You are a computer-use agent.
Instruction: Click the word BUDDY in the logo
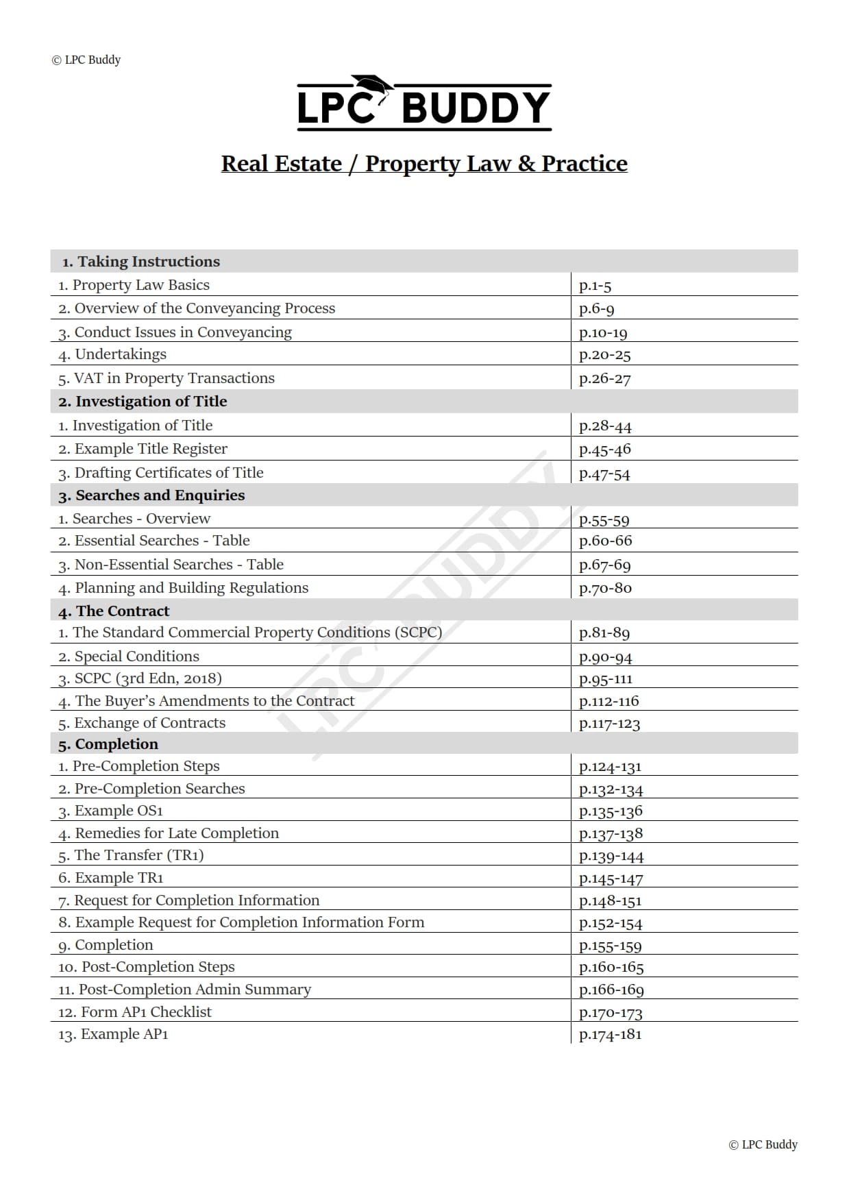point(476,108)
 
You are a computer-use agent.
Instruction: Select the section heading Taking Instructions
point(148,261)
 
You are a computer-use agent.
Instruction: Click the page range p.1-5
point(595,285)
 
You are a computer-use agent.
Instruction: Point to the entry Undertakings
point(120,354)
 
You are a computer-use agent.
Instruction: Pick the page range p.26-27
point(604,378)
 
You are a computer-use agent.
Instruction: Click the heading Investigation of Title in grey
point(151,402)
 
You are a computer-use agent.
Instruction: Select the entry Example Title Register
point(150,449)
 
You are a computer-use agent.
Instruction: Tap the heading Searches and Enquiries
point(160,495)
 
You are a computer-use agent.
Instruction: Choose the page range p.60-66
point(605,541)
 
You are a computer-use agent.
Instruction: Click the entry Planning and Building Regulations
point(191,588)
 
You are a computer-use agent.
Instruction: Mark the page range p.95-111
point(605,678)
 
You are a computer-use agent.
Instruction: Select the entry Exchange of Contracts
point(149,723)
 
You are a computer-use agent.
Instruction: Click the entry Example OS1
point(119,811)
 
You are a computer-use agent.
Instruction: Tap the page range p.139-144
point(611,856)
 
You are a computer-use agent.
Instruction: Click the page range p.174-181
point(610,1035)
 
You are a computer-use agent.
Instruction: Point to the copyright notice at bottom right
point(763,1144)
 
